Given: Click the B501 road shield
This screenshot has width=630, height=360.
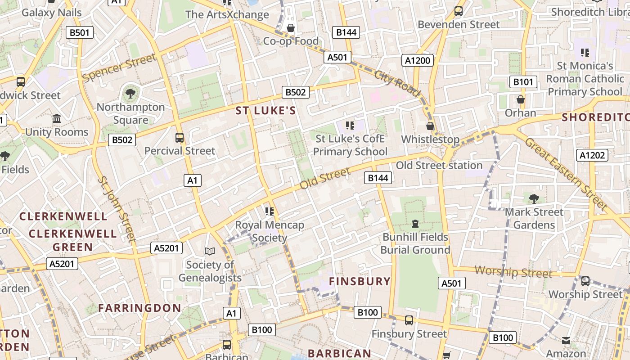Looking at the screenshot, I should pos(80,32).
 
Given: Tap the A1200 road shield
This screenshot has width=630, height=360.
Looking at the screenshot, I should pos(418,60).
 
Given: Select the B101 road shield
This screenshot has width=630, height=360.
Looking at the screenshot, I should pos(523,82).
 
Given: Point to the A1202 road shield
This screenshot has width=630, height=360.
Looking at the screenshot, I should pos(592,155).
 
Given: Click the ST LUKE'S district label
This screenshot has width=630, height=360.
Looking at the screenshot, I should pos(266,111).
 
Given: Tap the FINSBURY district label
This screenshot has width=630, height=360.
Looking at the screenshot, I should pos(360,282).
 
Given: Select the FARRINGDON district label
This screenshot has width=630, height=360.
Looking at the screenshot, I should pos(139,308).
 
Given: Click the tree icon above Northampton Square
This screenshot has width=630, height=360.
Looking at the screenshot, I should pos(130,94).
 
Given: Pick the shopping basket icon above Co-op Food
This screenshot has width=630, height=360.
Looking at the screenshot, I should pos(291,28).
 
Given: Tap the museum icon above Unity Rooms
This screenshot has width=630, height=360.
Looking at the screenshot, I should pos(57,119).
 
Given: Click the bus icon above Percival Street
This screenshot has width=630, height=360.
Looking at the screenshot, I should pos(180,137).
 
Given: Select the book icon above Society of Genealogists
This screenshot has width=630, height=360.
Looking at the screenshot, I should pos(210,251).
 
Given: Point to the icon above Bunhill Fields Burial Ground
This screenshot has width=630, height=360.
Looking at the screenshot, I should pos(415,223).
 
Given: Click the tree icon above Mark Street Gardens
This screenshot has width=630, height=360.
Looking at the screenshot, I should pos(534,198).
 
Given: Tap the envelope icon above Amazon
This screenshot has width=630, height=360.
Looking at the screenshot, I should pos(566,341).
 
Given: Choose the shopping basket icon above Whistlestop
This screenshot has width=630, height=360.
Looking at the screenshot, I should pos(430,126).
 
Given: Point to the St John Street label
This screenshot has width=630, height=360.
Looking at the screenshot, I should pos(116,209).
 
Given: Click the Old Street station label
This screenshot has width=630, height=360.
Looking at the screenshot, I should pos(439,166).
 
